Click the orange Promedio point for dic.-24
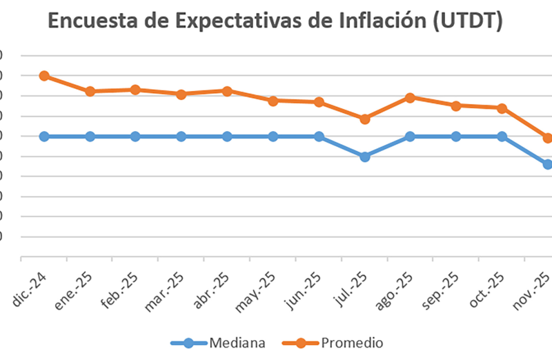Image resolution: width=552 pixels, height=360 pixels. pos(44,76)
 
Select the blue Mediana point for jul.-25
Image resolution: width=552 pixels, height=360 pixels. pos(365,157)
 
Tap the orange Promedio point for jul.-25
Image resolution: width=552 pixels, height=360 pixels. pos(365,119)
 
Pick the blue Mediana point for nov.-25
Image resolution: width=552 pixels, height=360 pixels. pos(548,164)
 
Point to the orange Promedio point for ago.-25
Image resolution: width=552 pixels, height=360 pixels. pos(411,97)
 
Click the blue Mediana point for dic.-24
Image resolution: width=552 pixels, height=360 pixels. pos(44,137)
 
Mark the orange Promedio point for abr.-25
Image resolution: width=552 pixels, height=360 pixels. pos(227,90)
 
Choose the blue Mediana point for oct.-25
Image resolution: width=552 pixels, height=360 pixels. pos(502,137)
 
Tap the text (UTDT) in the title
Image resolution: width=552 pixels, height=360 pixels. pos(467,23)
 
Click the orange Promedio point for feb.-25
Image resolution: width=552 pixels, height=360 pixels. pos(135,90)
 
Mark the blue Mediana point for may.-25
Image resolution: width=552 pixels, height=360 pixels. pos(273,137)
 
